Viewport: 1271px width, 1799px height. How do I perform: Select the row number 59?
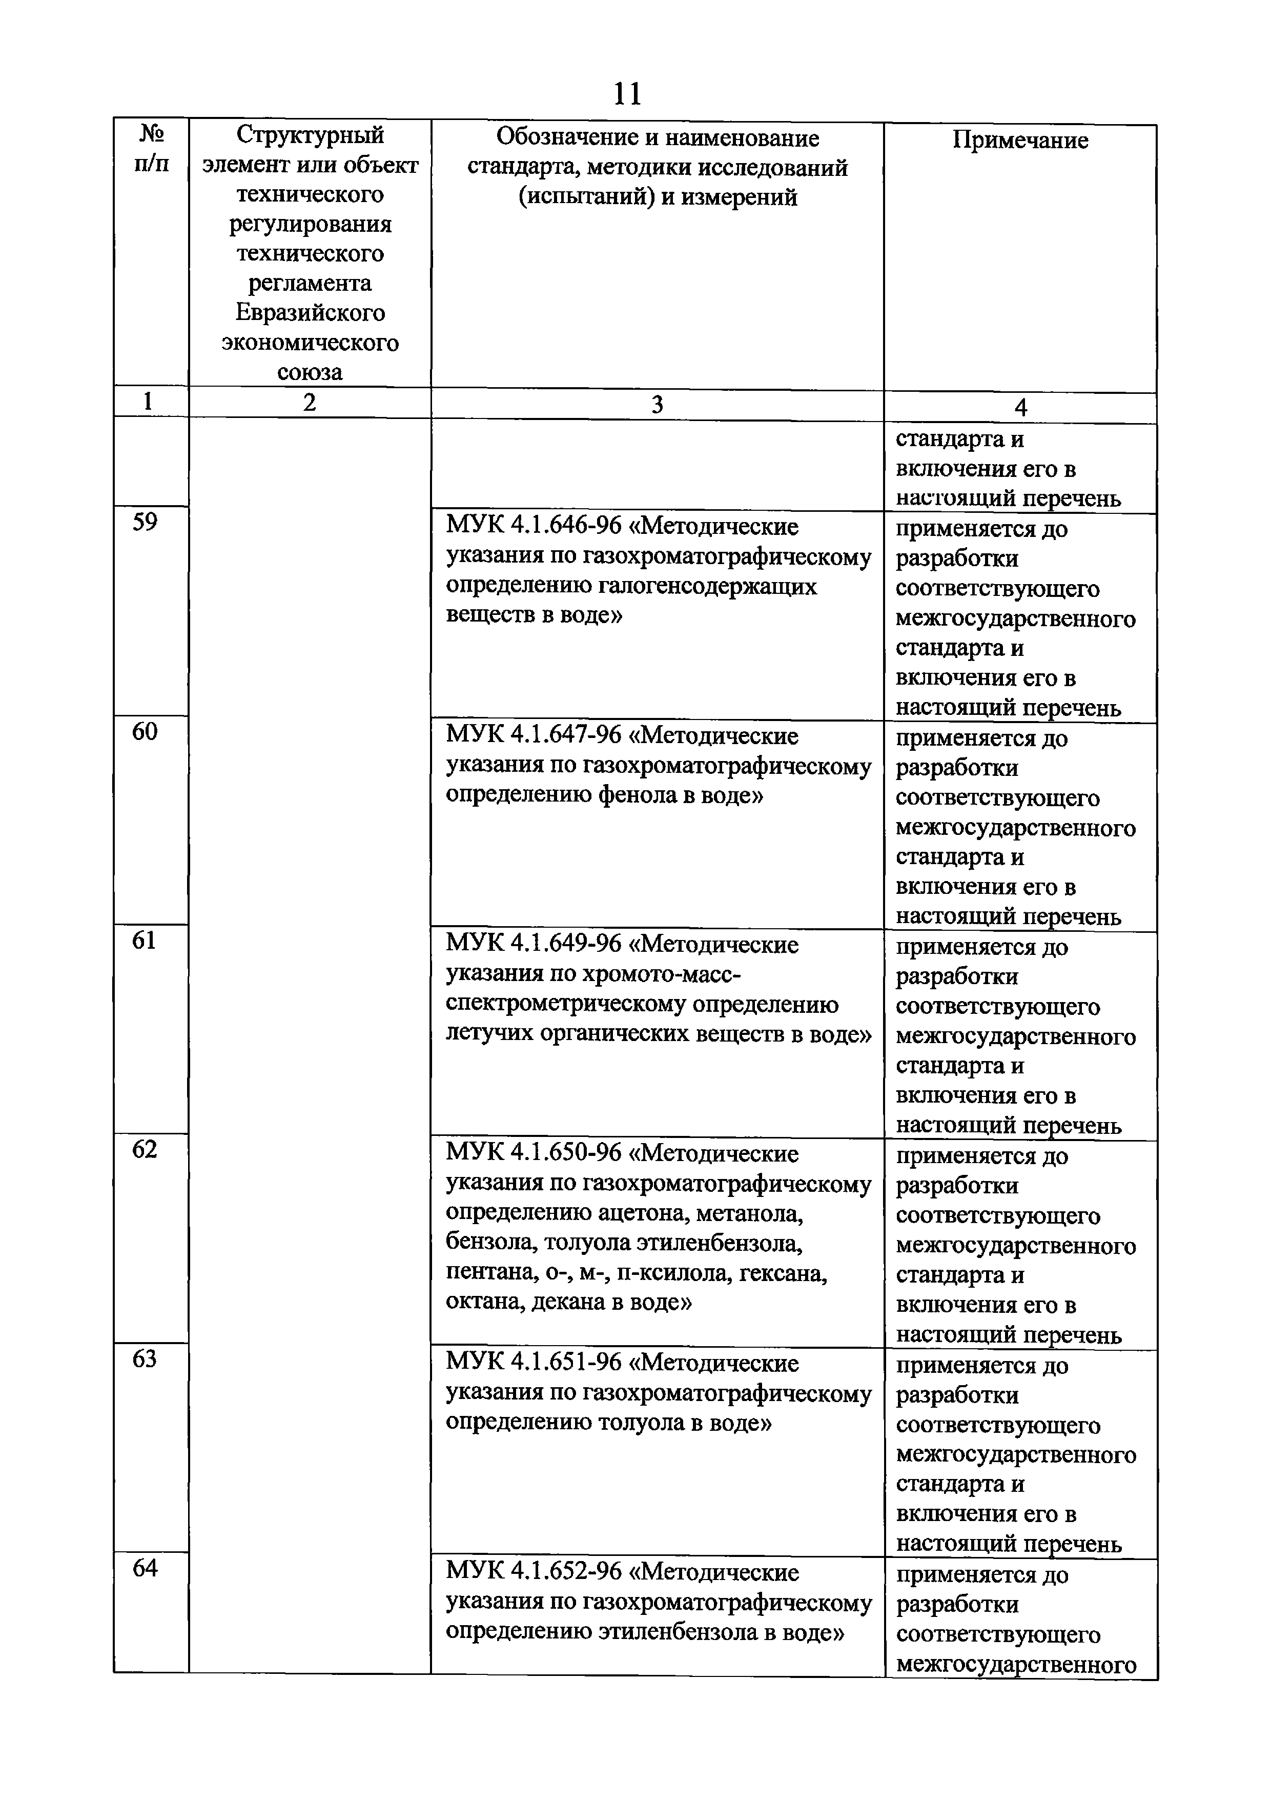[145, 522]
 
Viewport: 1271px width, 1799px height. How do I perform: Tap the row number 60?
[145, 731]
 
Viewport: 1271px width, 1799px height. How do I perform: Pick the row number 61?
[145, 940]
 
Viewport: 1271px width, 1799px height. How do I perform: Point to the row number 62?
[145, 1149]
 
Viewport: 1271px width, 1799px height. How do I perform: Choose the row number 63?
[145, 1358]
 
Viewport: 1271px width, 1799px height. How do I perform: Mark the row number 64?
[145, 1567]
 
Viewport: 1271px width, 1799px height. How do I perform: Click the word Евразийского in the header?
[310, 313]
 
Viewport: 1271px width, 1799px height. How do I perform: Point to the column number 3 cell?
[657, 404]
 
